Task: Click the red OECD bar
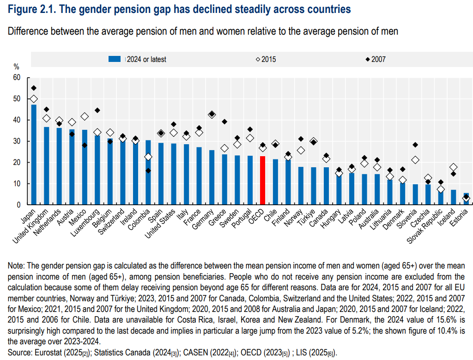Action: (x=262, y=181)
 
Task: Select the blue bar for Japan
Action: (x=34, y=155)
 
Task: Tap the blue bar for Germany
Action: (x=212, y=177)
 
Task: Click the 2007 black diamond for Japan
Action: (x=34, y=88)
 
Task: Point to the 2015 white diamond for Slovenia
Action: (x=415, y=160)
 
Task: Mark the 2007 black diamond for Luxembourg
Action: (x=97, y=110)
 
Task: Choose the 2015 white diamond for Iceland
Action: (x=453, y=167)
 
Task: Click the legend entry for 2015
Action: (x=266, y=59)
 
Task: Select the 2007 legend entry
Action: (x=376, y=59)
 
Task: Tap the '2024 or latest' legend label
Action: (x=146, y=59)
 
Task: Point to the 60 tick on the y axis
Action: (x=17, y=78)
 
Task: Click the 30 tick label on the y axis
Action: (x=17, y=141)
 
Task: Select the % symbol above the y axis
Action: (x=16, y=67)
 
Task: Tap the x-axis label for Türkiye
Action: (x=309, y=218)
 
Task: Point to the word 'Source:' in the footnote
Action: (x=19, y=353)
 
